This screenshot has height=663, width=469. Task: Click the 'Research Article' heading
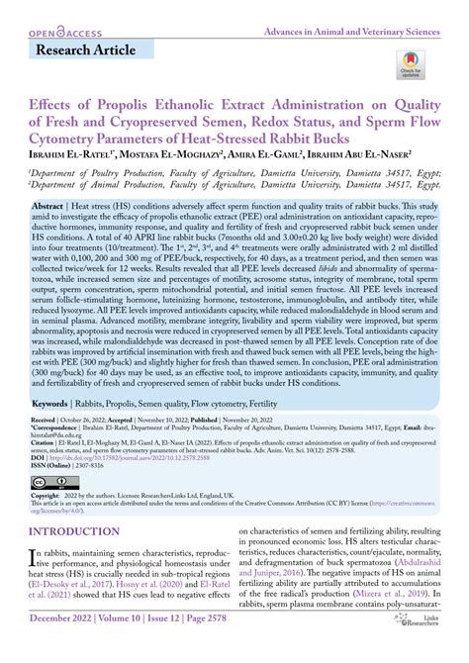pyautogui.click(x=87, y=49)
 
